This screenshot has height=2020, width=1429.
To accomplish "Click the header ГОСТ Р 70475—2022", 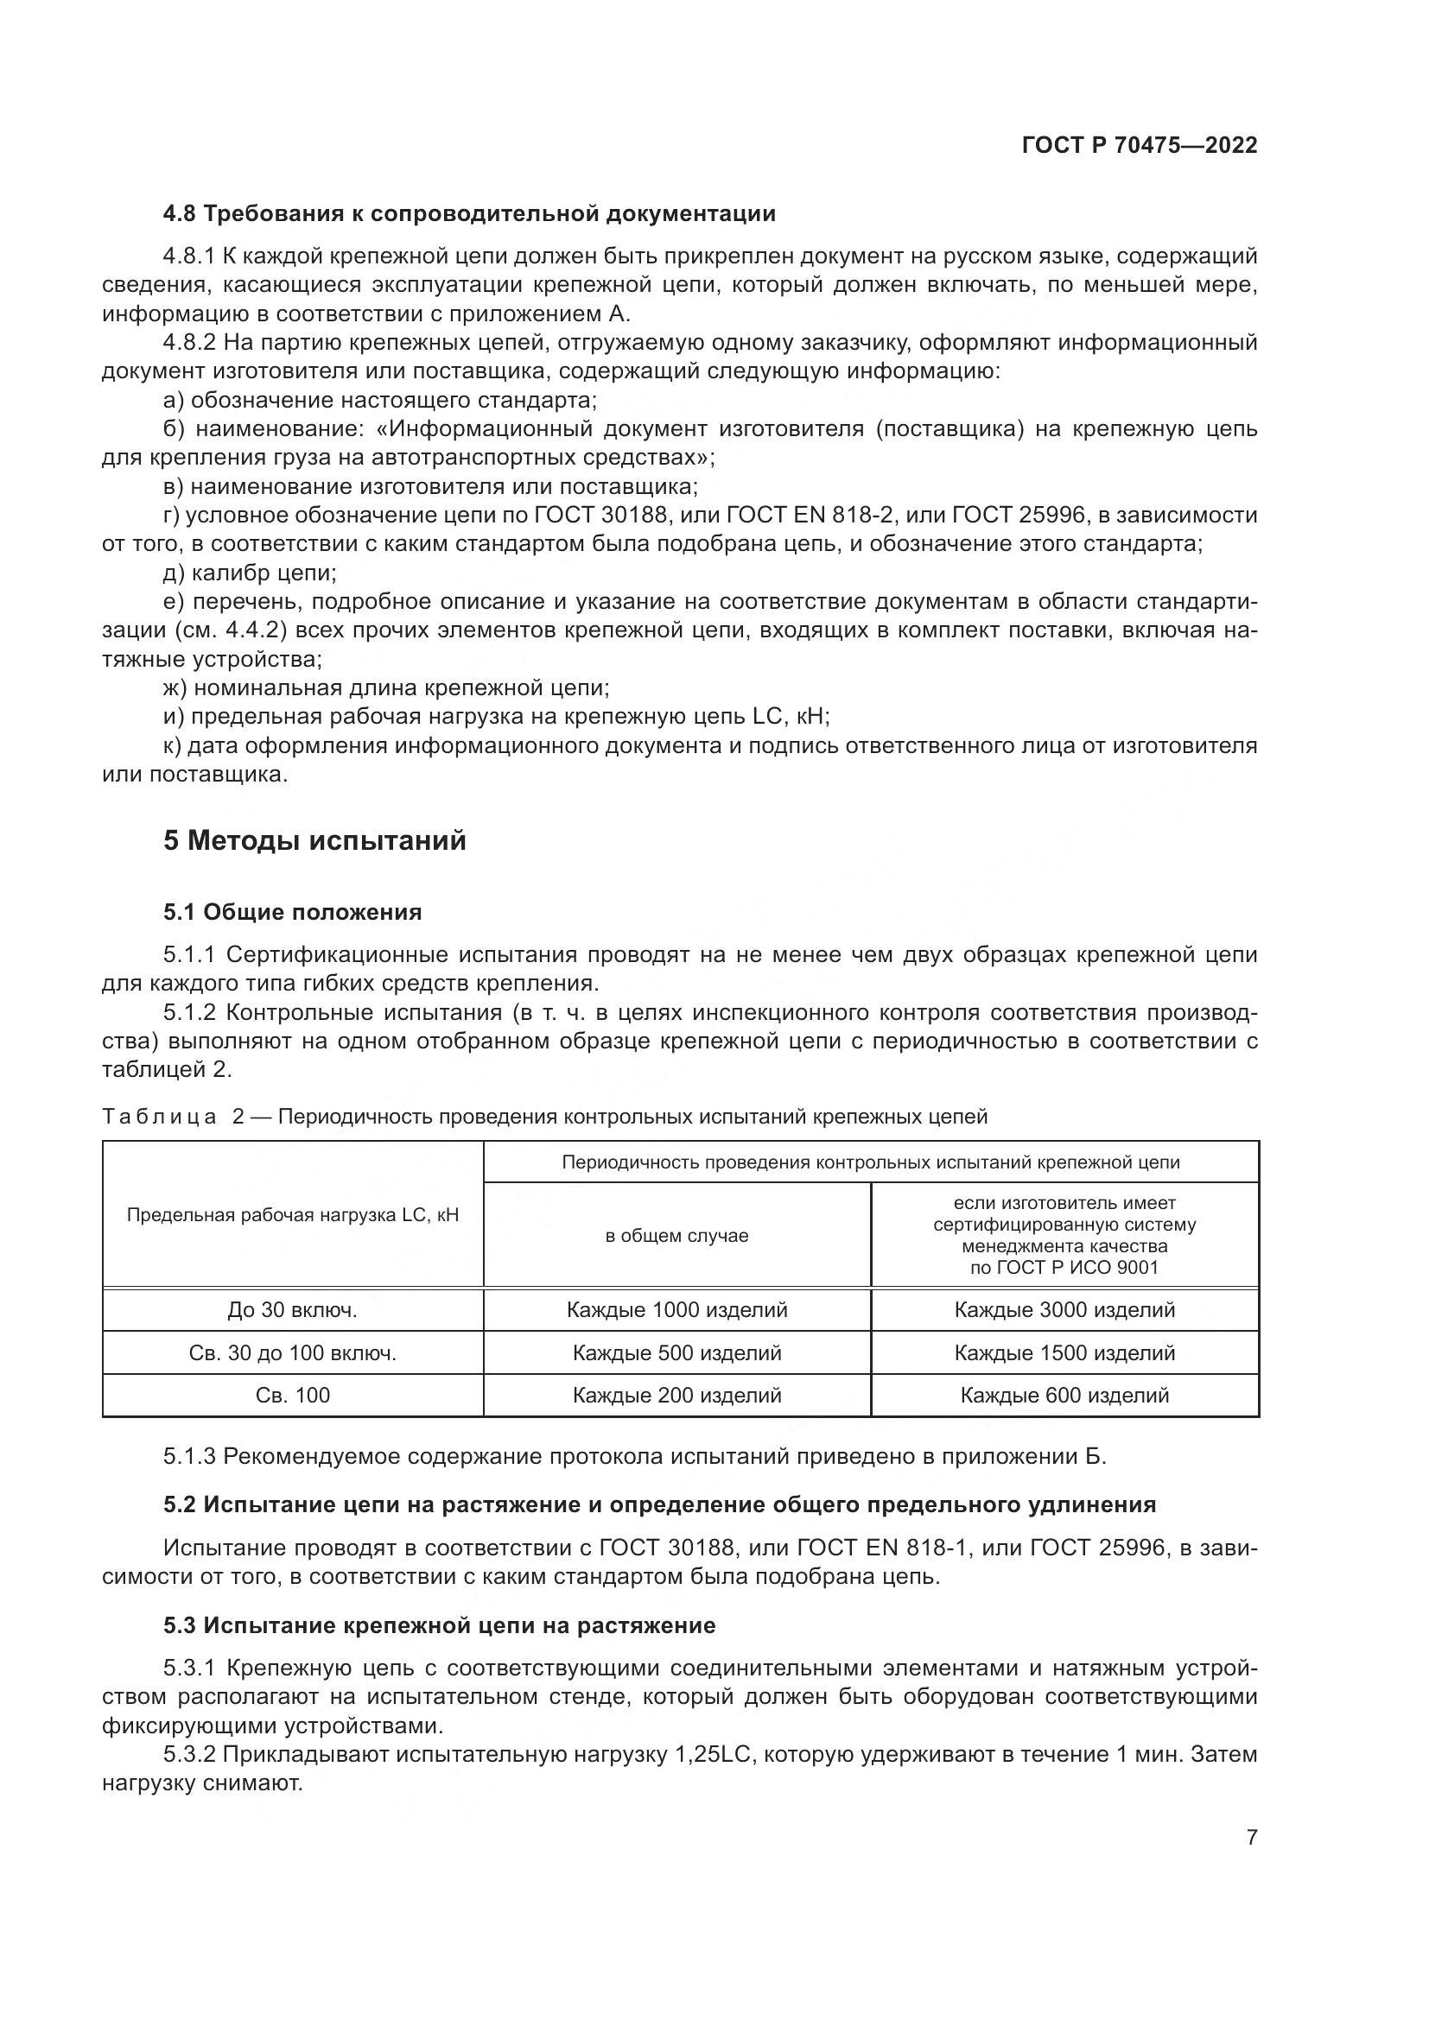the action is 1140,145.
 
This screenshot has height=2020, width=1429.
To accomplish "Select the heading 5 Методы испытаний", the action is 314,841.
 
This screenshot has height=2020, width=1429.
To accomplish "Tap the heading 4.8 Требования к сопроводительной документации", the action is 469,213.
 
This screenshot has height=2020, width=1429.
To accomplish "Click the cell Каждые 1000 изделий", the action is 676,1310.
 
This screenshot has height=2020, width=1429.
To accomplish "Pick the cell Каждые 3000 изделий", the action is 1064,1310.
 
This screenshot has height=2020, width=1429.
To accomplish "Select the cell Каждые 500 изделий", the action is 676,1353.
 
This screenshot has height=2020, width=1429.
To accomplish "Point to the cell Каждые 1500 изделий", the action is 1064,1353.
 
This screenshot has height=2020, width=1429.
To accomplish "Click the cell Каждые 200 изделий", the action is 676,1396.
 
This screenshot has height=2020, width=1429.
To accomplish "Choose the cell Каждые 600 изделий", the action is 1064,1396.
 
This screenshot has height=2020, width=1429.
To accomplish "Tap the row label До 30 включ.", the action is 292,1310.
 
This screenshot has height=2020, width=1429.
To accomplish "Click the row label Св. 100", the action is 292,1396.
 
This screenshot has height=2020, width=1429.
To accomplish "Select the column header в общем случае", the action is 676,1236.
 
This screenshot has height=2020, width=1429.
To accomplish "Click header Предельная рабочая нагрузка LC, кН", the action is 292,1215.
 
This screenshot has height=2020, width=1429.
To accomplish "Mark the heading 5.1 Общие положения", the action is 292,912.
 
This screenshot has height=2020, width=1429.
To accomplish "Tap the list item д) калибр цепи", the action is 250,573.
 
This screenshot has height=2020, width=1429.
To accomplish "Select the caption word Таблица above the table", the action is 158,1118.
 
